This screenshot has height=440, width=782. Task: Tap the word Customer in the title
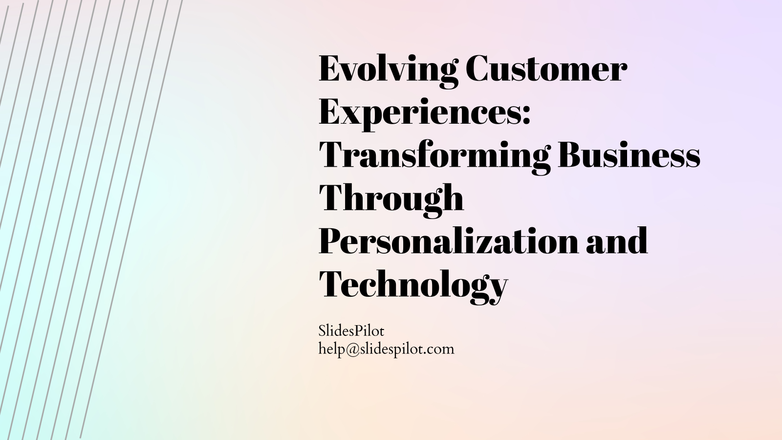point(545,69)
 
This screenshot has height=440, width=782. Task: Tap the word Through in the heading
point(391,198)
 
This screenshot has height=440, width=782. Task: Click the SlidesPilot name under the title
point(351,331)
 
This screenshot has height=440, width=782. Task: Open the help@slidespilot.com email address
point(386,349)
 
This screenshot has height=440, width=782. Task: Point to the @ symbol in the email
point(354,349)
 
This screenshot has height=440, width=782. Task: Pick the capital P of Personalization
point(332,241)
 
